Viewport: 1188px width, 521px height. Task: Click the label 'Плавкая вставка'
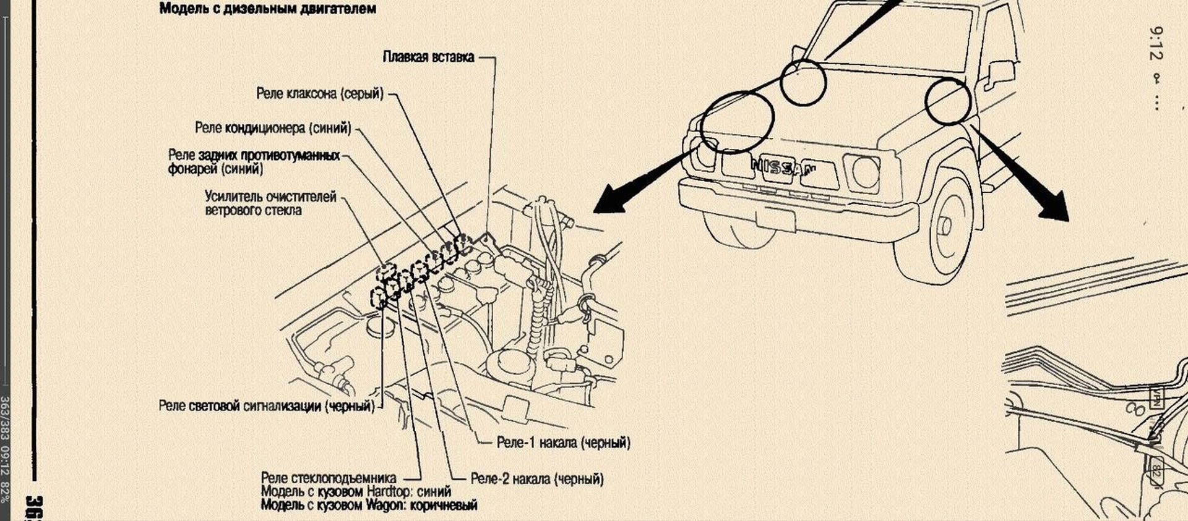pos(428,57)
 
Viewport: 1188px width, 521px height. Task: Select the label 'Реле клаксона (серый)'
pos(320,93)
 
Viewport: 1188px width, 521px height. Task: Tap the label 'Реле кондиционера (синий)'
pos(273,128)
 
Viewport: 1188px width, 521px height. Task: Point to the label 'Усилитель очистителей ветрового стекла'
pos(271,203)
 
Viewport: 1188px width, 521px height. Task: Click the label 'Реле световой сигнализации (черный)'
pos(267,406)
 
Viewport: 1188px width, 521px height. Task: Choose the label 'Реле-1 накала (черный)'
pos(564,443)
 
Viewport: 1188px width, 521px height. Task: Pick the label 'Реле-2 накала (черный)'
pos(537,478)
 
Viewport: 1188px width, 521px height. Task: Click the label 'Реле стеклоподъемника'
pos(329,478)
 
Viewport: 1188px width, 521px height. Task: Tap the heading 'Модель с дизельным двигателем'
pos(268,9)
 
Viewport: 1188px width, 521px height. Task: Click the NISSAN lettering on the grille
pos(783,167)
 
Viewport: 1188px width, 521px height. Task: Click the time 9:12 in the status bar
pos(1156,43)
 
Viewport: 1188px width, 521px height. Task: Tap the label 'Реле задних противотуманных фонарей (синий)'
pos(254,162)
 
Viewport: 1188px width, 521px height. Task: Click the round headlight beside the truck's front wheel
pos(866,172)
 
